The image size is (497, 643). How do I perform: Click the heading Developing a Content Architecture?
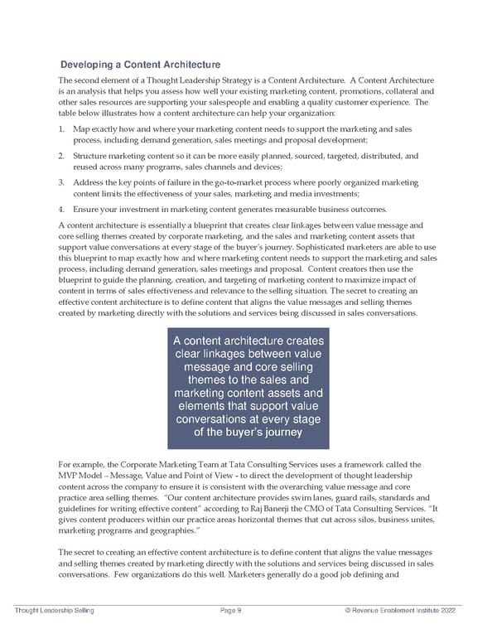tap(140, 65)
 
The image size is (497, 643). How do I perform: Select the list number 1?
tap(63, 130)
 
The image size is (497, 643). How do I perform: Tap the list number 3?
tap(63, 181)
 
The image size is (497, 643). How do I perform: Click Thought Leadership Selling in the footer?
tap(55, 610)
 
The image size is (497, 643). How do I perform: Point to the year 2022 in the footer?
tap(449, 610)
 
